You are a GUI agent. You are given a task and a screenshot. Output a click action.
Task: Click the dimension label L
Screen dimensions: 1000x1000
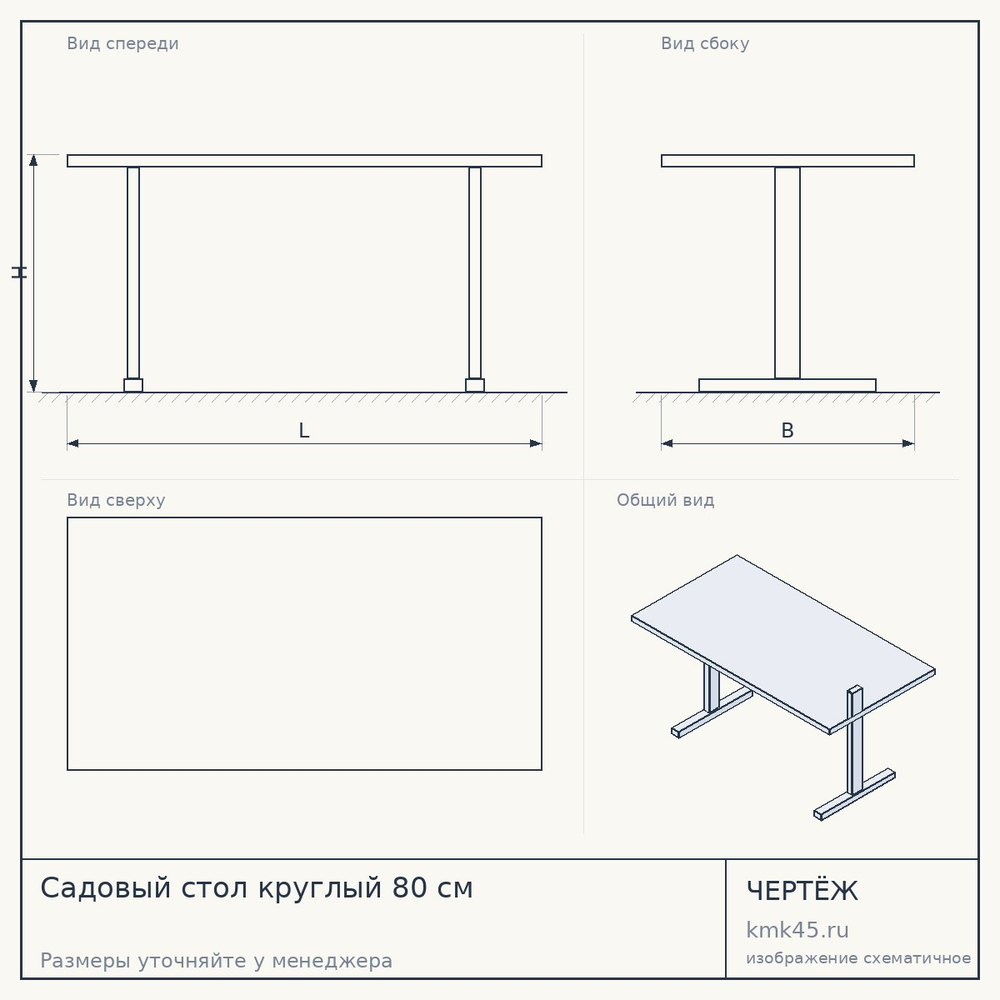click(304, 430)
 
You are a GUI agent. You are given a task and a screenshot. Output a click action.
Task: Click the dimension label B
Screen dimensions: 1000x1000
click(788, 430)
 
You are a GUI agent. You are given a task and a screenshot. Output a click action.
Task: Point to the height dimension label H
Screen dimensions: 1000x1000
click(19, 273)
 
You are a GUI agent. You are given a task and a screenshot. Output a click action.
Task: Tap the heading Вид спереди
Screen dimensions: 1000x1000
click(122, 43)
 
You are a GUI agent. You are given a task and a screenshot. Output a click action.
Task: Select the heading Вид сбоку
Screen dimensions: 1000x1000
click(705, 43)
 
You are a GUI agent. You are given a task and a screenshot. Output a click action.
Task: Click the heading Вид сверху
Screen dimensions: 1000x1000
click(116, 500)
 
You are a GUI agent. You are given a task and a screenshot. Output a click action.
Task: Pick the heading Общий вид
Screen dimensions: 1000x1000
click(665, 500)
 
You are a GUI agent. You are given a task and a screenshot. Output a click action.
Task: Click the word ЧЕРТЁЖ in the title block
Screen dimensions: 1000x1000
click(802, 891)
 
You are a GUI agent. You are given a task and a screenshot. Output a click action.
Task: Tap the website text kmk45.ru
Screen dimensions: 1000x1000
click(797, 930)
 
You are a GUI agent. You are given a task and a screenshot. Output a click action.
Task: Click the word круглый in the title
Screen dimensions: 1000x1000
click(320, 888)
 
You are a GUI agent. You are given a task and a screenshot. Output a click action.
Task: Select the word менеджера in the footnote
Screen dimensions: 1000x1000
click(332, 960)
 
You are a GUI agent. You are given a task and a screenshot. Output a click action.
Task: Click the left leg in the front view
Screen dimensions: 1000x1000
click(133, 273)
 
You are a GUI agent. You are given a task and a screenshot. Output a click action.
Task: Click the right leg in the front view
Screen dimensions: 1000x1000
click(475, 273)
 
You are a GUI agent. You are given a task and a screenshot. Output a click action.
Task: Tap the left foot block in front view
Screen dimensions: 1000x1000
click(133, 385)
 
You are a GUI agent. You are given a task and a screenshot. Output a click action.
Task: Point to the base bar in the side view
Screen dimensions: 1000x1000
click(788, 385)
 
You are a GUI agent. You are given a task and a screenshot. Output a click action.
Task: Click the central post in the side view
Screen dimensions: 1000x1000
click(788, 273)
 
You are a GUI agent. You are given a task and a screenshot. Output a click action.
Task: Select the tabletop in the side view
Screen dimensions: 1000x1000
click(788, 161)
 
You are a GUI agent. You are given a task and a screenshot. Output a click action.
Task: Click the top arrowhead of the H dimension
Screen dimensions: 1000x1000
click(33, 160)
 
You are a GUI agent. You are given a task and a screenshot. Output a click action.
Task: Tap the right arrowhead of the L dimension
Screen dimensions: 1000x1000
click(536, 443)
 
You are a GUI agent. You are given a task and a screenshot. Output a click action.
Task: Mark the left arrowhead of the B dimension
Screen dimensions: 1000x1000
click(667, 443)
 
